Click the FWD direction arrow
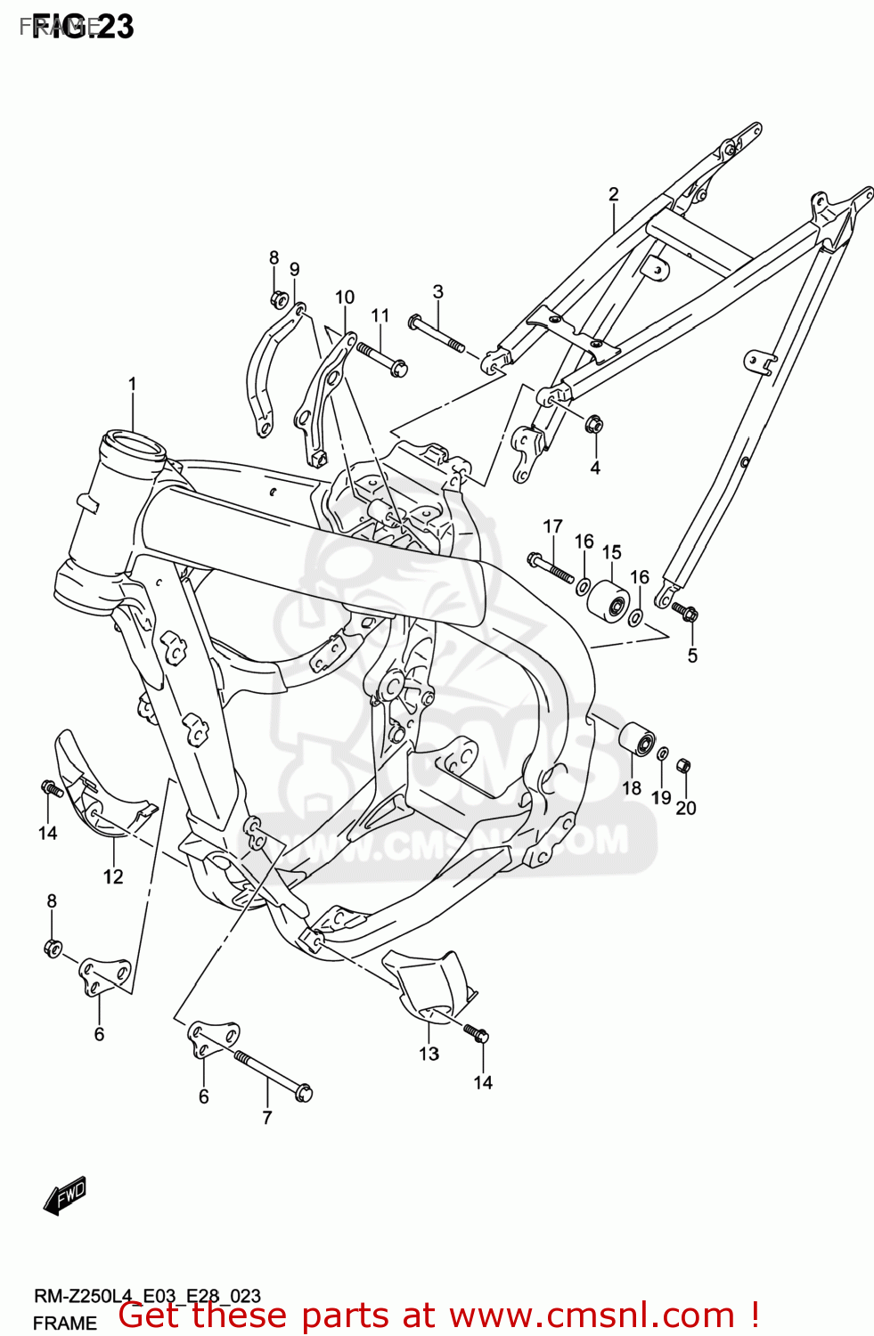point(65,1195)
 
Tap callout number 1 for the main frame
point(132,385)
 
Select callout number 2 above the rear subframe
point(613,194)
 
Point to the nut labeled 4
point(594,425)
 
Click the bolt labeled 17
point(551,567)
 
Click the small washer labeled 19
point(663,754)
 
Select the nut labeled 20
point(683,764)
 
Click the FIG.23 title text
point(82,27)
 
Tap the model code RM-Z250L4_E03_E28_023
point(147,1296)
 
